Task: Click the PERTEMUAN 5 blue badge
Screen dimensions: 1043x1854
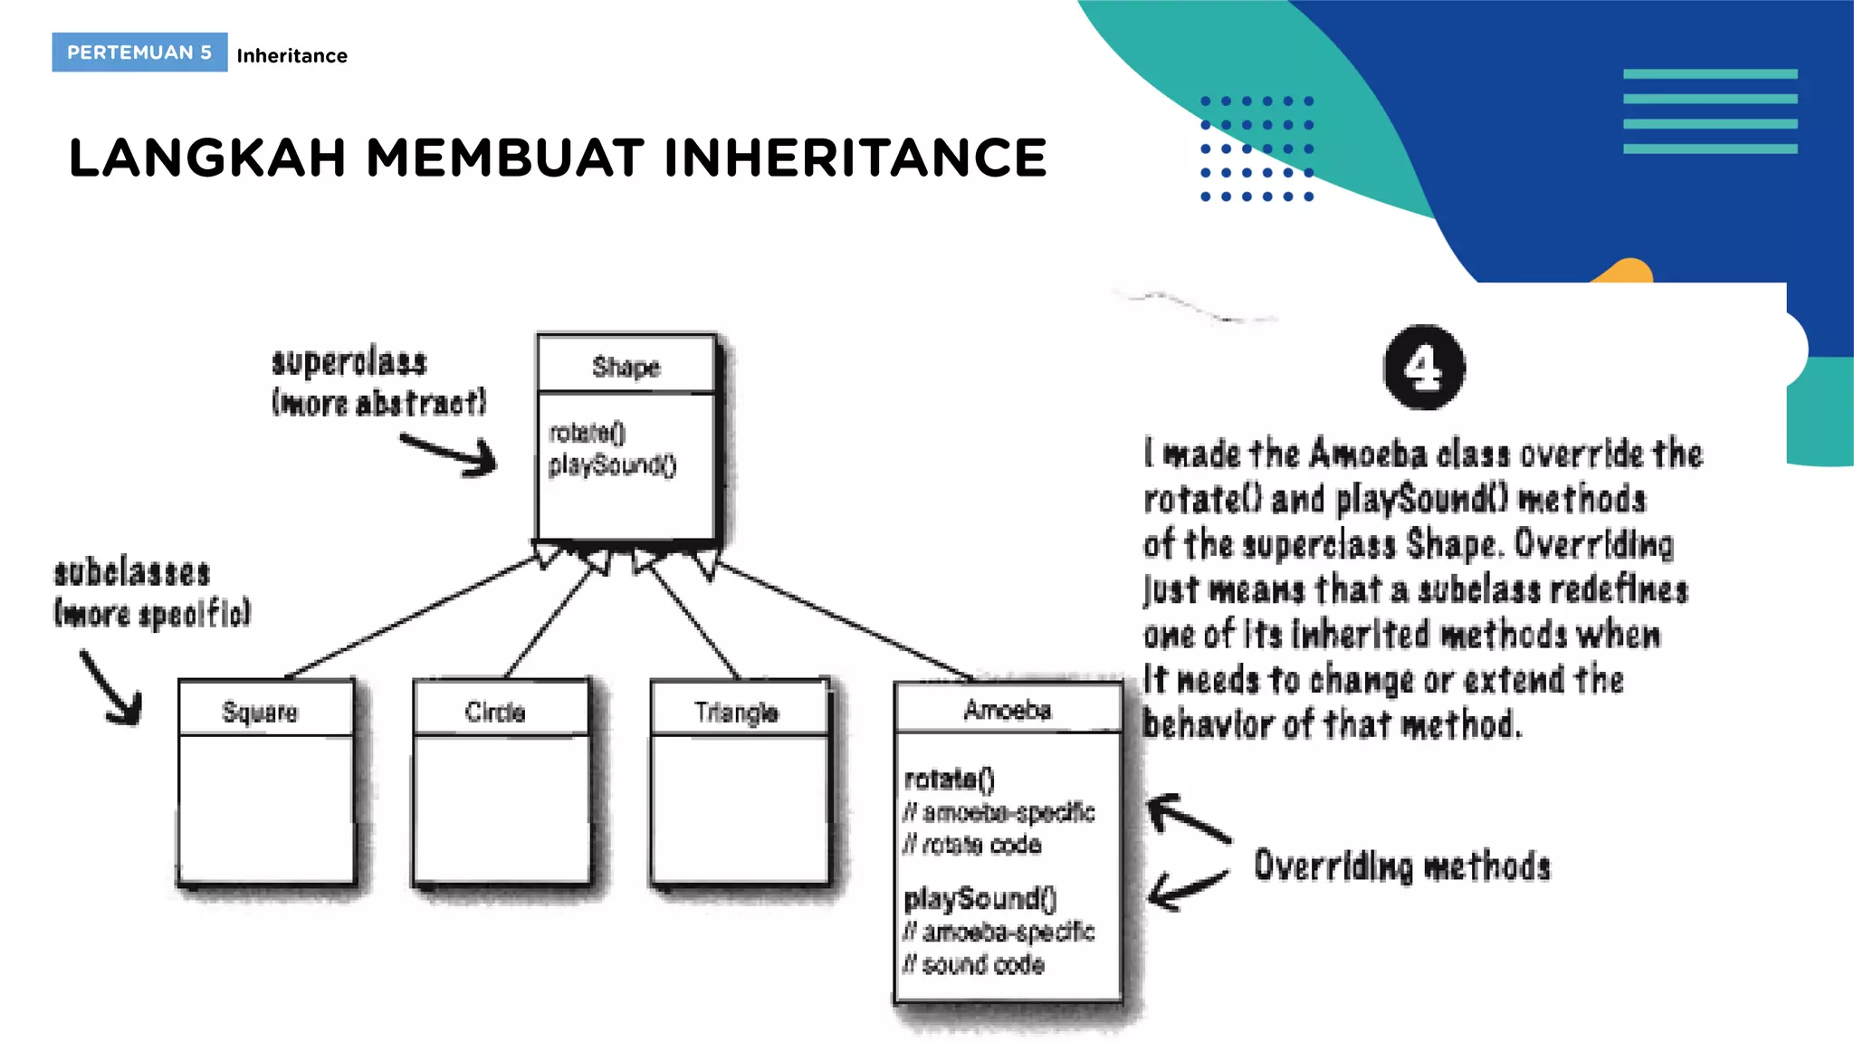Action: (x=139, y=53)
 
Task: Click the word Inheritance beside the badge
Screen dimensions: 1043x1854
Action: (x=291, y=56)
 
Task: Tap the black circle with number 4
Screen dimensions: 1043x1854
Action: (x=1424, y=368)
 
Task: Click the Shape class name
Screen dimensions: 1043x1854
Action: (x=626, y=367)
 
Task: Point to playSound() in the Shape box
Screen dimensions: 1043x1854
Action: (x=612, y=465)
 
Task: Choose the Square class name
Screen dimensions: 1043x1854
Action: (x=260, y=712)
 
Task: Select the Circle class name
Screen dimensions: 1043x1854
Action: (x=495, y=712)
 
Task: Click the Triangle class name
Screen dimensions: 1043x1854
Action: (x=736, y=713)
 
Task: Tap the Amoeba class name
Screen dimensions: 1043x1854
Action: (x=1007, y=710)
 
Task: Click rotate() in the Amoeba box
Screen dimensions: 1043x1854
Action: (x=949, y=779)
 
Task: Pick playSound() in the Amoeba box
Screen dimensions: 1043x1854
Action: (x=980, y=898)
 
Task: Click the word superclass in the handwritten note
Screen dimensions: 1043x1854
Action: (x=349, y=362)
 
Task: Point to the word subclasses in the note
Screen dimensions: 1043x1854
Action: (x=132, y=573)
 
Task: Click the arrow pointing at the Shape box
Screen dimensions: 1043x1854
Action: (x=450, y=453)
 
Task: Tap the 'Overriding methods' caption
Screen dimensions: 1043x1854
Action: (x=1401, y=866)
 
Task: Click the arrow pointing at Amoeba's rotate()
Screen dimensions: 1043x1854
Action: (x=1188, y=817)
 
